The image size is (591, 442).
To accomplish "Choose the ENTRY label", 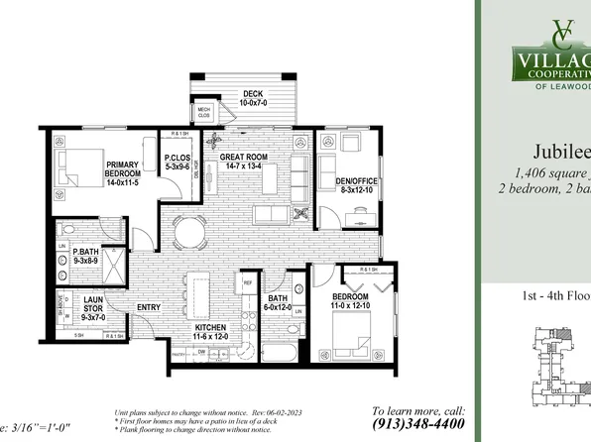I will pyautogui.click(x=149, y=307).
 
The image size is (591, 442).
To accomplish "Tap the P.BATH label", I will pyautogui.click(x=83, y=255).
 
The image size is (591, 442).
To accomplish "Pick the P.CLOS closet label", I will pyautogui.click(x=177, y=163).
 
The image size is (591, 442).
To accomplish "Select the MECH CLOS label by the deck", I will pyautogui.click(x=204, y=112).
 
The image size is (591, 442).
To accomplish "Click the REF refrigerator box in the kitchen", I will pyautogui.click(x=249, y=283).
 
